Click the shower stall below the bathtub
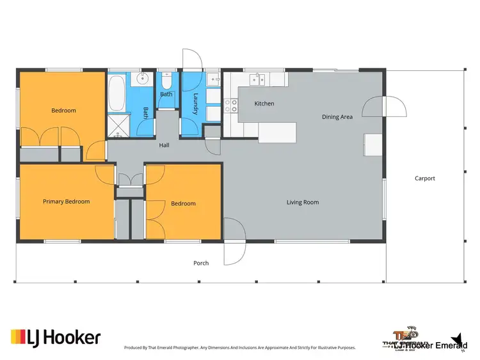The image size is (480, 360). point(118,125)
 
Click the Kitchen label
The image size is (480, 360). point(264,104)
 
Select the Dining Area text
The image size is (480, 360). point(337,117)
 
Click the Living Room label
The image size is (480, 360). point(302,203)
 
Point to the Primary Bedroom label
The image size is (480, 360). point(66,201)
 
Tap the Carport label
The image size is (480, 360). point(424,178)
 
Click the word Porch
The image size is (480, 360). point(201,263)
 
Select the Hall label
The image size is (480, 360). point(164,146)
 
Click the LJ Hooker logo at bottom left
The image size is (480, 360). point(56,337)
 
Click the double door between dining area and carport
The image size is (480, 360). point(384,107)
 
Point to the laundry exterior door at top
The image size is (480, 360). point(192,61)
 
